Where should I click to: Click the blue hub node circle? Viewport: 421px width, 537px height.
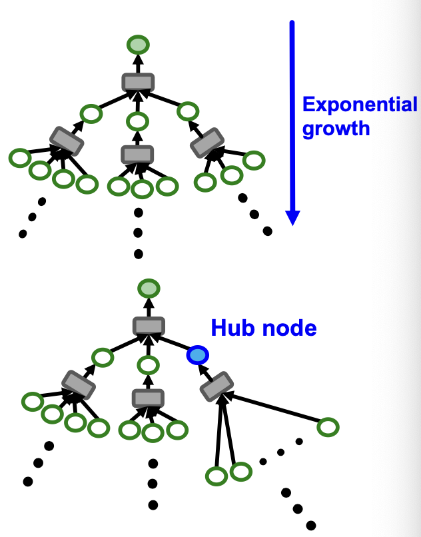click(x=198, y=355)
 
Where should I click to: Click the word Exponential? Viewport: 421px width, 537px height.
click(x=360, y=105)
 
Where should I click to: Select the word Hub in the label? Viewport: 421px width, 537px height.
click(x=230, y=328)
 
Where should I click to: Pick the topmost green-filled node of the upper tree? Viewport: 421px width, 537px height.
click(x=138, y=45)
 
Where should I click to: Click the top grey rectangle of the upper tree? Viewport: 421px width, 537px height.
click(x=138, y=82)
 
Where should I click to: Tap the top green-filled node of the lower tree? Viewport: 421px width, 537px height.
click(x=149, y=288)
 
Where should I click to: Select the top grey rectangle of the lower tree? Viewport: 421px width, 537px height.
click(x=149, y=326)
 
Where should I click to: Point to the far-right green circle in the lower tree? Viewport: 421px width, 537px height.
click(x=328, y=426)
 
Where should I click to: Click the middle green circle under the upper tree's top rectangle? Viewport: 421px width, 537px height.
click(x=138, y=121)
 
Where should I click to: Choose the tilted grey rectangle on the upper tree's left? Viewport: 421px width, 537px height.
click(x=67, y=141)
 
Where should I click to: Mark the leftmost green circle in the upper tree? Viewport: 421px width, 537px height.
click(x=19, y=159)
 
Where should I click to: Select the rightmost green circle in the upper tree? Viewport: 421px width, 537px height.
click(x=254, y=160)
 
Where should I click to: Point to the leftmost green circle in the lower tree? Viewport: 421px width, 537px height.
click(x=32, y=402)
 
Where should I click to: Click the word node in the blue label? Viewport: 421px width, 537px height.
click(x=286, y=328)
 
